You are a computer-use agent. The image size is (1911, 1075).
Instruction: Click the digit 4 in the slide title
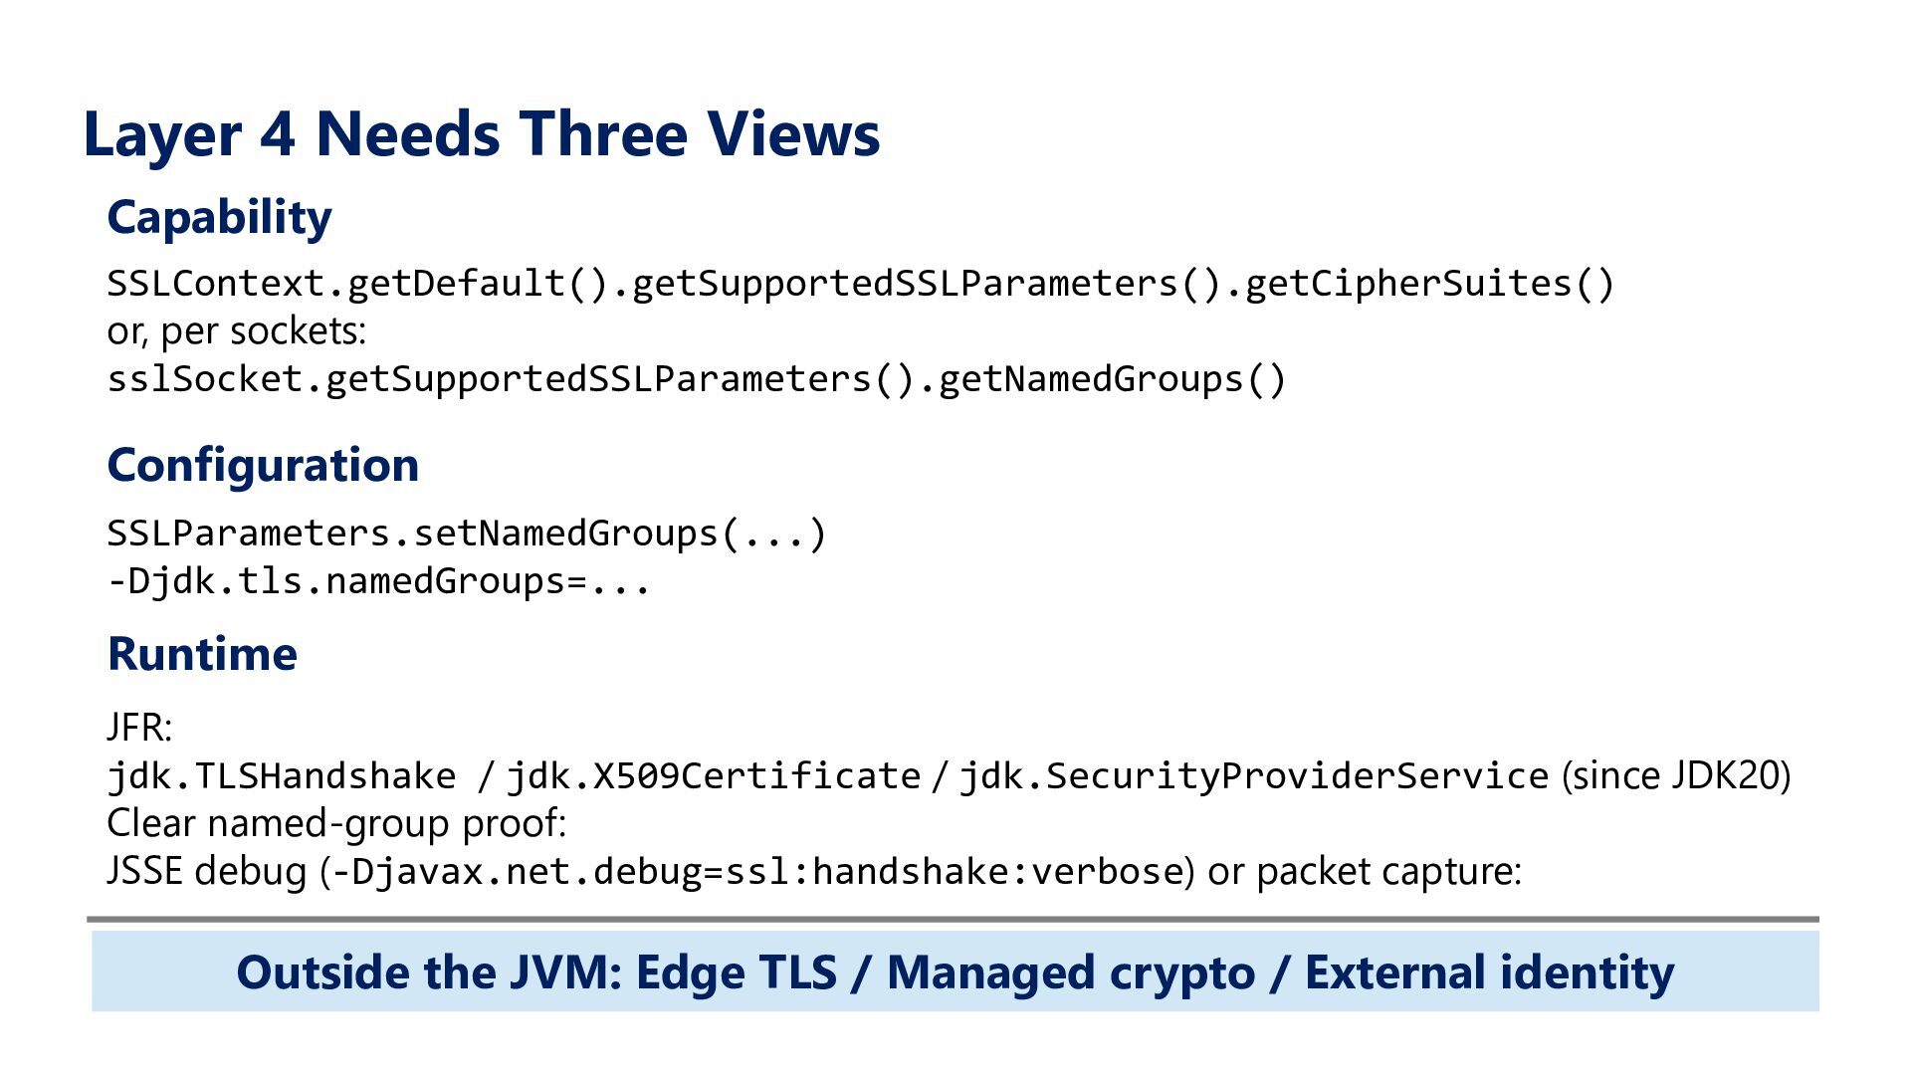(278, 134)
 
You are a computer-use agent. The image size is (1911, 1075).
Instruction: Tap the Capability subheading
(219, 218)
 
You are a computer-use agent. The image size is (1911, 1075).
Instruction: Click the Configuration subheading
(263, 465)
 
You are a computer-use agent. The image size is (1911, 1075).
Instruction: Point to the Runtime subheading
(202, 654)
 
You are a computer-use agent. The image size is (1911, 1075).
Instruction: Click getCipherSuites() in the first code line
(1429, 285)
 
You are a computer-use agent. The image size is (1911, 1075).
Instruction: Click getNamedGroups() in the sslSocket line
(1113, 380)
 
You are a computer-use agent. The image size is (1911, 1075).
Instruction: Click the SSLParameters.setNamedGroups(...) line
(467, 535)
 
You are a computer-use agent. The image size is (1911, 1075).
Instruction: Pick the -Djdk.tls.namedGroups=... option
(379, 582)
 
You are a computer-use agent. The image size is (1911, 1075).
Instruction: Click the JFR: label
(139, 728)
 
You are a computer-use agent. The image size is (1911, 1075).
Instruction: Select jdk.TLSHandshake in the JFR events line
(282, 776)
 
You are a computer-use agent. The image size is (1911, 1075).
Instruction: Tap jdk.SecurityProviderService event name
(1254, 776)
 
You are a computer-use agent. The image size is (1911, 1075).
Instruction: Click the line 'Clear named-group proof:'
(336, 824)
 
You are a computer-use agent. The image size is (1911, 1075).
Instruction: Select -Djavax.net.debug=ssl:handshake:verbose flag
(756, 872)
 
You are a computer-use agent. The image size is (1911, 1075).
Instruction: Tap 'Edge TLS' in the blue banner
(737, 972)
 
